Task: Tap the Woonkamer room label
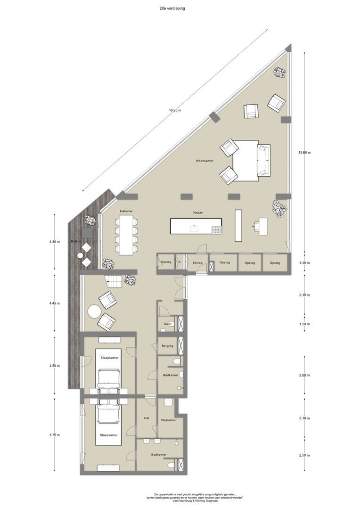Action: point(205,161)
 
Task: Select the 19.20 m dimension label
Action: point(175,110)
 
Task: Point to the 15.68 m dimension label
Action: point(304,152)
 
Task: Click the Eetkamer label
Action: point(126,211)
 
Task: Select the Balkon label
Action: point(75,241)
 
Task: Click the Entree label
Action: point(197,263)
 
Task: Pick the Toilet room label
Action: point(167,324)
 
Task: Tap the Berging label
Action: point(167,346)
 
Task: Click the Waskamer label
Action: point(168,420)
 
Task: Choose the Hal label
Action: point(146,418)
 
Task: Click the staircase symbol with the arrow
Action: point(114,282)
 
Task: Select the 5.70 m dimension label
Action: point(55,435)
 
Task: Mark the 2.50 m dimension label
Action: point(305,455)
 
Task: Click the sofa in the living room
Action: point(263,160)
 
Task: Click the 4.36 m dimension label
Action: point(55,242)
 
